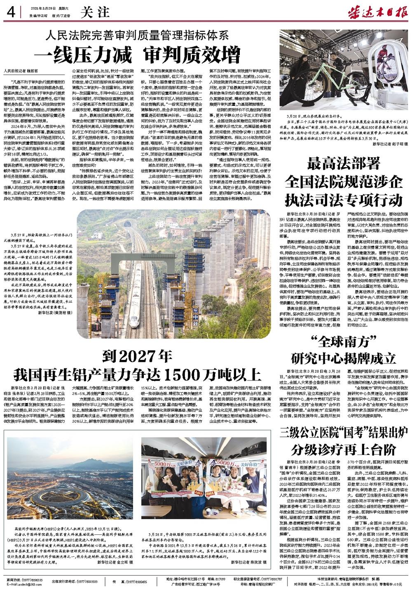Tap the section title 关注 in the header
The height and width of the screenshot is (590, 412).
[x=91, y=12]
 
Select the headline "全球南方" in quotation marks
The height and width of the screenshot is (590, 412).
[x=343, y=341]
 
